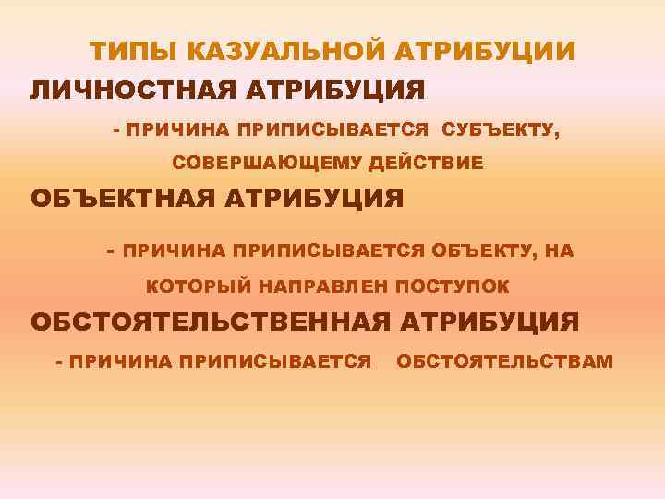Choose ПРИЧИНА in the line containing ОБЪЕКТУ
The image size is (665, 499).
175,250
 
